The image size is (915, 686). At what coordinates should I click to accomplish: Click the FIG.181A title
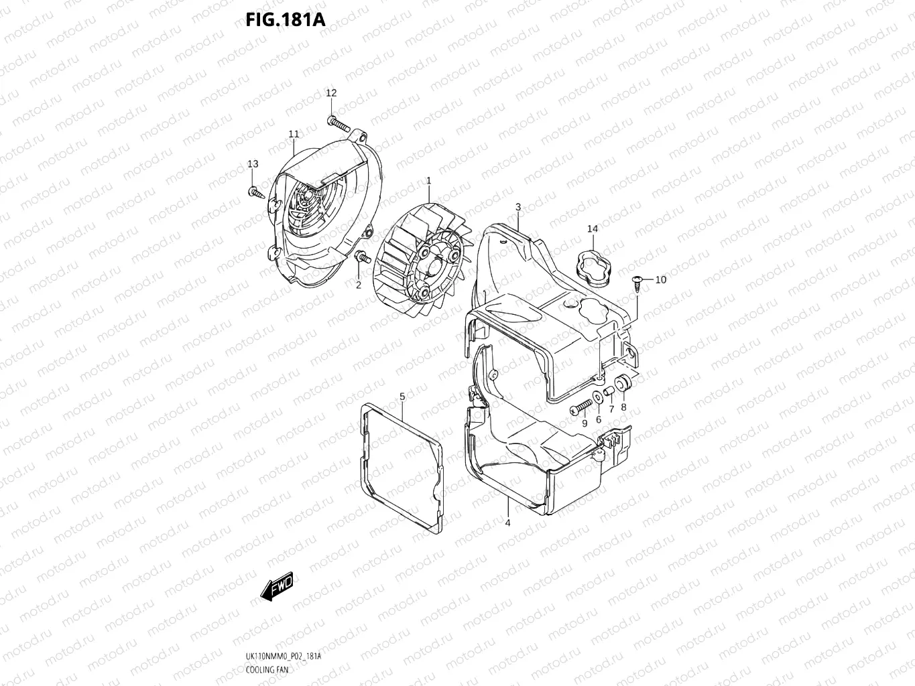click(285, 19)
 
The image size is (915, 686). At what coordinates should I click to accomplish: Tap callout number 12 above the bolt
click(331, 93)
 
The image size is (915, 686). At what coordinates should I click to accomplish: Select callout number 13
click(253, 164)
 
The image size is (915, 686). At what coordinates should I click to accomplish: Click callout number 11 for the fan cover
click(294, 134)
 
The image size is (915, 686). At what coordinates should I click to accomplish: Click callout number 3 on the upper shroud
click(518, 207)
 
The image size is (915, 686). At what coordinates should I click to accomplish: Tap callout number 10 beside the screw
click(660, 279)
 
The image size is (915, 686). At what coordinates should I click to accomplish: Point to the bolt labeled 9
click(580, 406)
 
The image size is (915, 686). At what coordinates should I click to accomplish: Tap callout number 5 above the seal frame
click(402, 397)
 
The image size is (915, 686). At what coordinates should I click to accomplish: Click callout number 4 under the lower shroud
click(507, 523)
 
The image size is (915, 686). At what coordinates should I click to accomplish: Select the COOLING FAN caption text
click(267, 669)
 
